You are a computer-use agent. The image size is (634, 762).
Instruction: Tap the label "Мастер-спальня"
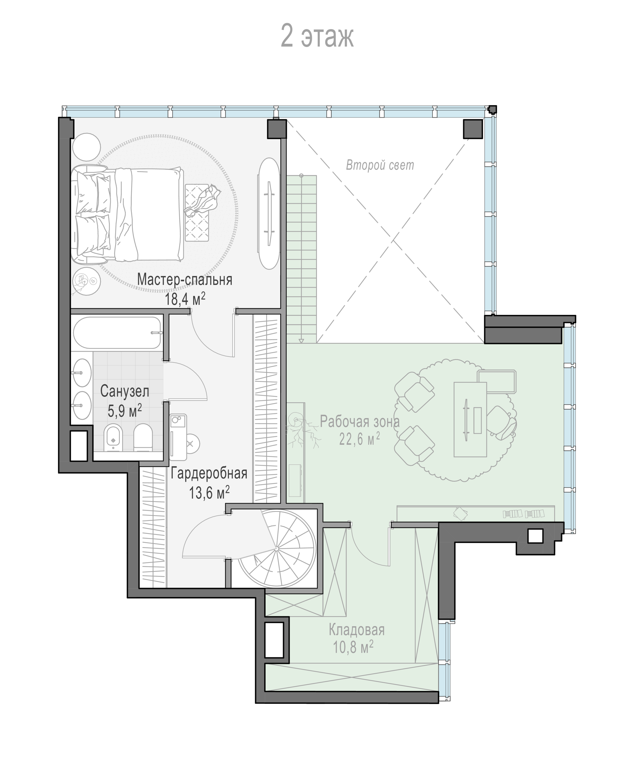click(185, 280)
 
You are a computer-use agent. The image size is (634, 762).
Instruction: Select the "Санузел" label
click(124, 391)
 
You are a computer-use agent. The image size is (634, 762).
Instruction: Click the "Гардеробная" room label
click(209, 473)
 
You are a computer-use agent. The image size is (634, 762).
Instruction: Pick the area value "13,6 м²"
click(209, 492)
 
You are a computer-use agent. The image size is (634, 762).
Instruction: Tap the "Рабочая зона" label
click(360, 422)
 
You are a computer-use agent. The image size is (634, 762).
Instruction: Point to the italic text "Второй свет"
click(379, 165)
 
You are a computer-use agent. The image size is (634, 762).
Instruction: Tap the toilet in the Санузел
click(143, 438)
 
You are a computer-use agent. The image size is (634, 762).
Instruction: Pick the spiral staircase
click(276, 549)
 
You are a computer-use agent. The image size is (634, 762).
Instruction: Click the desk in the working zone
click(470, 419)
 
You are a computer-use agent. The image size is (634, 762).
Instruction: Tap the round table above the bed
click(86, 147)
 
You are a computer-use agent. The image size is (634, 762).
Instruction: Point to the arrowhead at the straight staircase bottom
click(301, 341)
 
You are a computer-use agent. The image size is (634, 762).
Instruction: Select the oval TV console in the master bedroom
click(269, 213)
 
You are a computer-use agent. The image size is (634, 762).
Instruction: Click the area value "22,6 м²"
click(359, 440)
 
